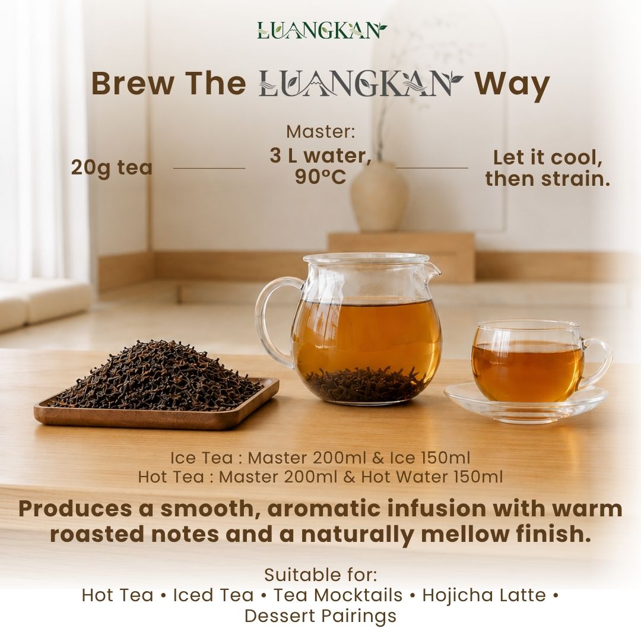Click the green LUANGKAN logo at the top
click(x=322, y=31)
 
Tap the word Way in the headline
click(x=512, y=85)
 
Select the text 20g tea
click(x=112, y=167)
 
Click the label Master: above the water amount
click(x=320, y=132)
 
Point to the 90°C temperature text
click(x=320, y=177)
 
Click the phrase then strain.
click(x=547, y=179)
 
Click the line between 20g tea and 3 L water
click(x=209, y=168)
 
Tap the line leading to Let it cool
click(x=431, y=167)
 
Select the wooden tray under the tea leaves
click(x=156, y=413)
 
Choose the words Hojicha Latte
click(x=484, y=595)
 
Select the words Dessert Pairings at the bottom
click(x=320, y=615)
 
